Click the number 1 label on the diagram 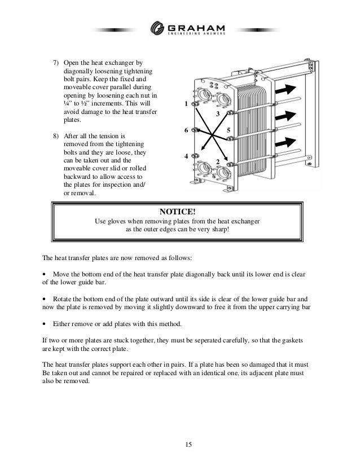(186, 104)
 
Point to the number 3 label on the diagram (218, 115)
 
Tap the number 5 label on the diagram (228, 131)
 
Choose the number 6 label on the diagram (186, 131)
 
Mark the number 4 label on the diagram (186, 156)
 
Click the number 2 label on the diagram (217, 162)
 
